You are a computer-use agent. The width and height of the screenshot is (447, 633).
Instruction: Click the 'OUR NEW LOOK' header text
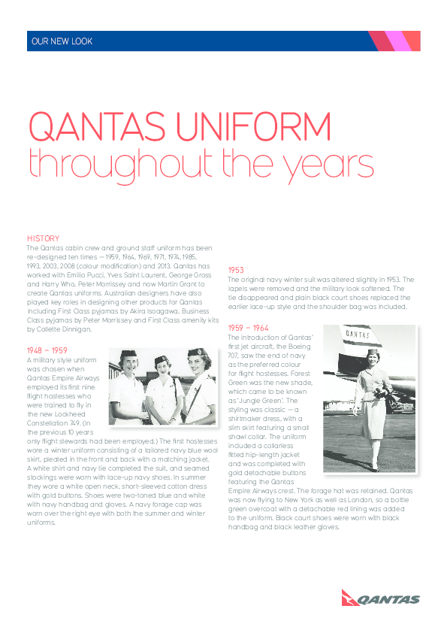click(60, 41)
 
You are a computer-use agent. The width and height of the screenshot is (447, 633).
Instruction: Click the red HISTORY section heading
click(43, 238)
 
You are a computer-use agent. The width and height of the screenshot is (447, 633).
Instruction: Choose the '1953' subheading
click(236, 269)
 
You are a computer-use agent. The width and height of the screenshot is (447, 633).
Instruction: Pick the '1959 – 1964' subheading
click(249, 328)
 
